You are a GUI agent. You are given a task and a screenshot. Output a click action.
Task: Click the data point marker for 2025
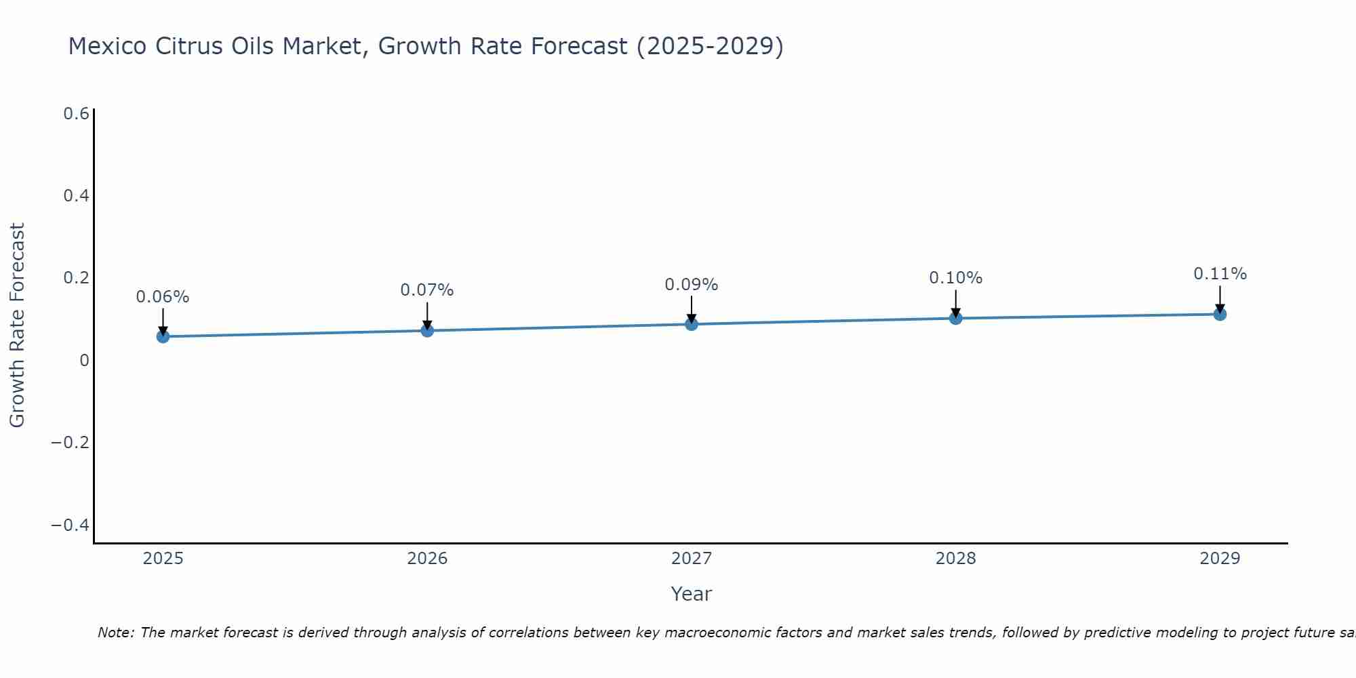pos(163,336)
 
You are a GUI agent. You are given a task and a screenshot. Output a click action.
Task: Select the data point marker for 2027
pos(691,324)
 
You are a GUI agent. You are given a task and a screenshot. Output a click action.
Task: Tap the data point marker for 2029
pos(1220,314)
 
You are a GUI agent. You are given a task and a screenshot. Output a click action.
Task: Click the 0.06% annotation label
pos(163,297)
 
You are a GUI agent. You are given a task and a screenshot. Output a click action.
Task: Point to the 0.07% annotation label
pos(426,290)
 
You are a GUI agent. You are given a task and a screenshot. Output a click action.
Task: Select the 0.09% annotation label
pos(691,285)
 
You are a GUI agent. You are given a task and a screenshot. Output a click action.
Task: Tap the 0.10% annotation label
pos(955,278)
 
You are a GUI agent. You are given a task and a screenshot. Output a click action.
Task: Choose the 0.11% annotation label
pos(1220,274)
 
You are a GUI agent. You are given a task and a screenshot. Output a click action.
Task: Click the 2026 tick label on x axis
pos(427,559)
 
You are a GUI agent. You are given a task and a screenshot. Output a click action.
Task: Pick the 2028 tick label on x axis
pos(955,559)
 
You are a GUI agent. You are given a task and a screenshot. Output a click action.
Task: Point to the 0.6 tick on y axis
pos(76,114)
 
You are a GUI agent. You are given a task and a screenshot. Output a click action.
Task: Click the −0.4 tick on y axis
pos(71,525)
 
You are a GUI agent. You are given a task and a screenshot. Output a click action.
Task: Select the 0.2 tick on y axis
pos(76,278)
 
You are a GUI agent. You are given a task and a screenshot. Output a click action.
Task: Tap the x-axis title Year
pos(691,594)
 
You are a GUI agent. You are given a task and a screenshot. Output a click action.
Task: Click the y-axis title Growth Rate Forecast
pos(17,325)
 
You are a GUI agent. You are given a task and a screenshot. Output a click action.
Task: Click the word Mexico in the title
pos(108,46)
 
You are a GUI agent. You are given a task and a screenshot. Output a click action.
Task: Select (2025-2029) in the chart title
pos(710,46)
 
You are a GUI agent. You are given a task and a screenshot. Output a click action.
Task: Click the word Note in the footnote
pos(115,633)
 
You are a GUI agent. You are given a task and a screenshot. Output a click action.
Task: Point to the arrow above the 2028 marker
pos(955,302)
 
